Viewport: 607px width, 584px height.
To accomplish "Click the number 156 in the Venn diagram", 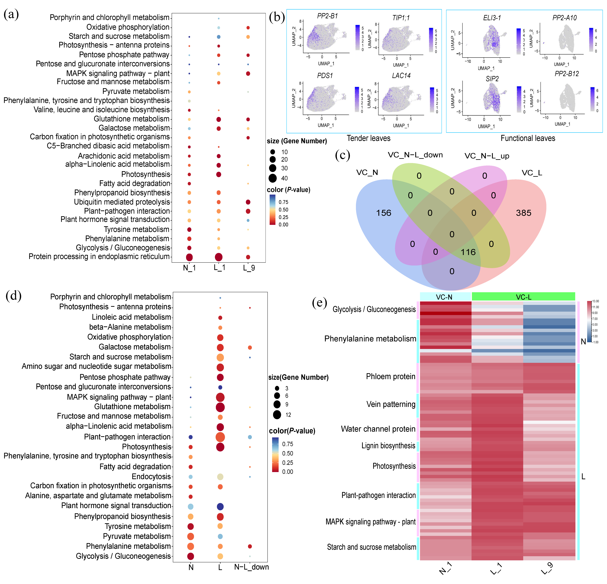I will [384, 213].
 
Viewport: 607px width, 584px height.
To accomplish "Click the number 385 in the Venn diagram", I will [523, 213].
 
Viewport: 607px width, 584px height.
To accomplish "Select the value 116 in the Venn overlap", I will [468, 252].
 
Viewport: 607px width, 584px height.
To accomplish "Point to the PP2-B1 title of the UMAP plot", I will [327, 16].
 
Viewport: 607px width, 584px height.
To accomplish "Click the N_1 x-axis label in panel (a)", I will [189, 268].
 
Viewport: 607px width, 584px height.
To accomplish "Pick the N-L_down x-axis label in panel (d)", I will [251, 567].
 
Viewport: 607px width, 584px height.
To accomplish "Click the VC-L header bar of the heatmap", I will [523, 297].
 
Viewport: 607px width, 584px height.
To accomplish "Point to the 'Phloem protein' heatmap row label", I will [391, 377].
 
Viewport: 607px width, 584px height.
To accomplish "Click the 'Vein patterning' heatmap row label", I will [391, 404].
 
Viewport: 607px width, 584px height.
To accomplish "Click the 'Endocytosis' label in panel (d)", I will [151, 477].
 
